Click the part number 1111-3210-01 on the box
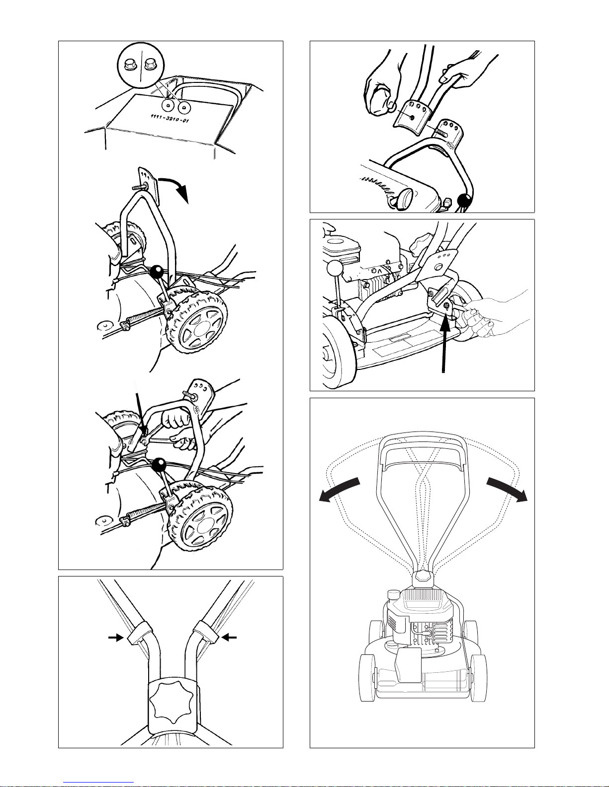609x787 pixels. pyautogui.click(x=170, y=118)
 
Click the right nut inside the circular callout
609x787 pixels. pyautogui.click(x=149, y=66)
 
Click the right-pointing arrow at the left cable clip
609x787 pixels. pyautogui.click(x=116, y=638)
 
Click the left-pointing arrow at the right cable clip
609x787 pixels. pyautogui.click(x=229, y=637)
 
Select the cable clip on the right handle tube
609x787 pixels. pyautogui.click(x=205, y=632)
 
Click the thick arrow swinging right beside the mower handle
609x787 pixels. pyautogui.click(x=507, y=489)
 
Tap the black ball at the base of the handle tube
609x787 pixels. pyautogui.click(x=464, y=200)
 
